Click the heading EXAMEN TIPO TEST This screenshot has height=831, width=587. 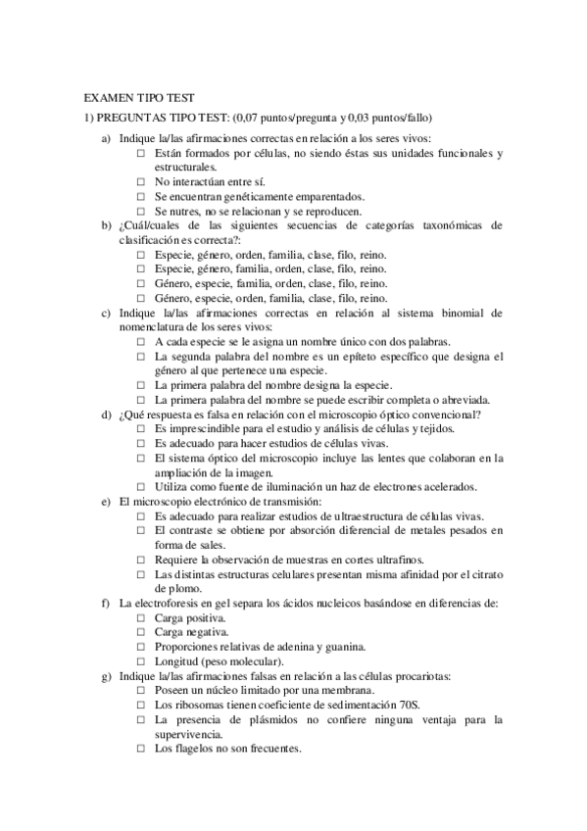(139, 98)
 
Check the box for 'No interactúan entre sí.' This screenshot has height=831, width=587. (141, 182)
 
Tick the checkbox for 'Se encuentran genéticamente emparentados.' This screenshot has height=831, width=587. (141, 196)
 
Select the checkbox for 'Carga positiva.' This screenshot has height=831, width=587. (141, 619)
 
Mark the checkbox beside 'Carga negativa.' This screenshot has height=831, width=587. (141, 634)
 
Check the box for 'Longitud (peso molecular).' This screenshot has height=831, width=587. (141, 661)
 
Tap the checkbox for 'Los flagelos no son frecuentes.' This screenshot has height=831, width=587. (141, 750)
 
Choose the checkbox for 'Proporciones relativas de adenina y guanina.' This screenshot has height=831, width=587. (141, 648)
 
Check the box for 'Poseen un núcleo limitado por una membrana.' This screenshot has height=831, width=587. (141, 691)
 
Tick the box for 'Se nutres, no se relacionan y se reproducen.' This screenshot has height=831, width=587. (141, 210)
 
